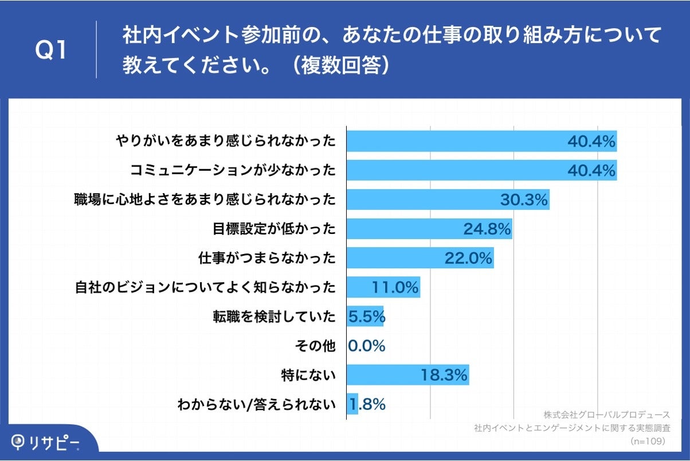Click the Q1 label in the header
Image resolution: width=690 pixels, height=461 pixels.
click(x=52, y=50)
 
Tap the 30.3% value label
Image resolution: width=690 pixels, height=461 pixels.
click(x=524, y=200)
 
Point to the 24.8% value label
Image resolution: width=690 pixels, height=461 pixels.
click(x=487, y=229)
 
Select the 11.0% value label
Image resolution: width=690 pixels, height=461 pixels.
click(x=395, y=288)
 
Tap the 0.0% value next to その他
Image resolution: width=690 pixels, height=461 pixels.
click(x=367, y=346)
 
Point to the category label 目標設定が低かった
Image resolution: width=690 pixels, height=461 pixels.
click(x=273, y=229)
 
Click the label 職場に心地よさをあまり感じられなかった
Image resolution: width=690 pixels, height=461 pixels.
click(x=205, y=200)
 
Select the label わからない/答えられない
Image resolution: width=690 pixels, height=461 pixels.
click(x=257, y=405)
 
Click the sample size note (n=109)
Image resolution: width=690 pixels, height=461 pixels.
click(x=647, y=442)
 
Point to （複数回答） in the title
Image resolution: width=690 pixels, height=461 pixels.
click(x=342, y=65)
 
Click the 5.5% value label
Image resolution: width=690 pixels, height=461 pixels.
click(x=366, y=317)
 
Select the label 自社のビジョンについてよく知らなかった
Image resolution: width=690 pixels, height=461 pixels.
click(x=205, y=288)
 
